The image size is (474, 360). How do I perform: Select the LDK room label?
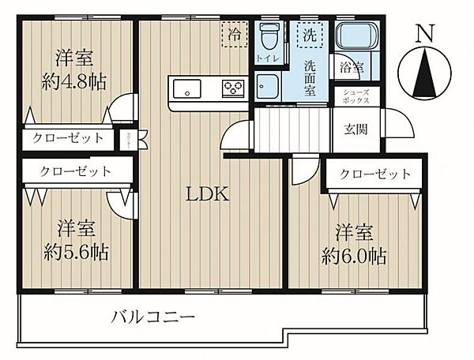point(208,194)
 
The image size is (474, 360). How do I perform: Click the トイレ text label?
point(266,58)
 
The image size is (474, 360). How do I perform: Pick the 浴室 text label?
point(352,68)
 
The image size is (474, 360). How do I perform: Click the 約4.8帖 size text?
point(74,81)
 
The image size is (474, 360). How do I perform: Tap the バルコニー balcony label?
point(152,317)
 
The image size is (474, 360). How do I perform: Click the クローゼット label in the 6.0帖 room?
point(375,174)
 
